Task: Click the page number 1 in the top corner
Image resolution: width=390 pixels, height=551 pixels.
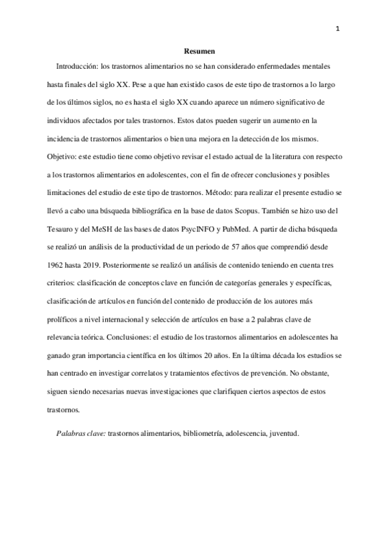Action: click(x=338, y=28)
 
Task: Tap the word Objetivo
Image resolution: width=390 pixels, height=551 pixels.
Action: click(x=61, y=157)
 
